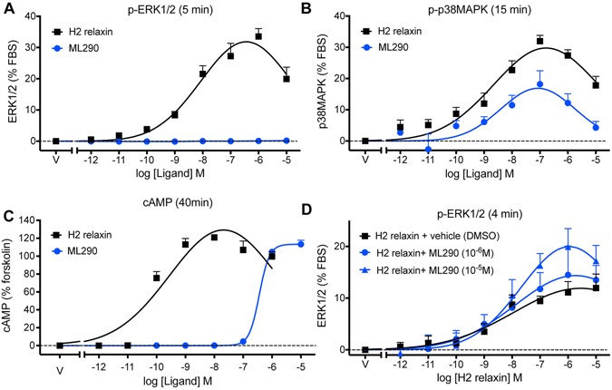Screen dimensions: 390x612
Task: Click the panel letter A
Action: (7, 9)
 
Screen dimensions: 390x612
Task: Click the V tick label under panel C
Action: (56, 370)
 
